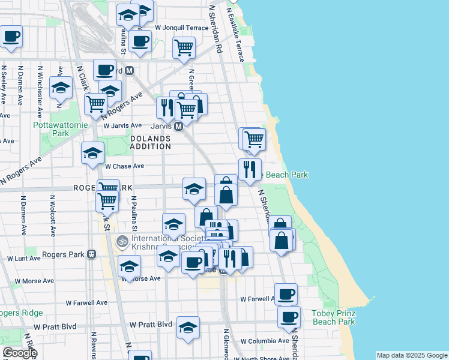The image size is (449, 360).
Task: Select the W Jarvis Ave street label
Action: point(124,126)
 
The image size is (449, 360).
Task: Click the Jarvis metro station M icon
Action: point(178,127)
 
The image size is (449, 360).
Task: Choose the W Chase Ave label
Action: point(125,166)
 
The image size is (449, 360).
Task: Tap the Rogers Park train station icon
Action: point(92,254)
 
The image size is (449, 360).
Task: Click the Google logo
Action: point(20,353)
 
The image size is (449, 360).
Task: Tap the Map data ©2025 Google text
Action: point(412,355)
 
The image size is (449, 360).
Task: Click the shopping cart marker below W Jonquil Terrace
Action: point(184,47)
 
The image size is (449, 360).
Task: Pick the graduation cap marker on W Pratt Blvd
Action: point(188,328)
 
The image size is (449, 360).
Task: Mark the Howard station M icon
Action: point(129,71)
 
